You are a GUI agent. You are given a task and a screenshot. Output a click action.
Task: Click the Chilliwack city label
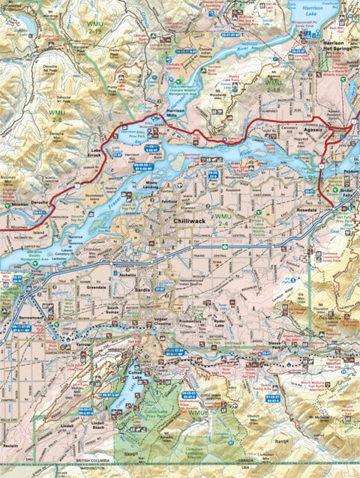(x=188, y=222)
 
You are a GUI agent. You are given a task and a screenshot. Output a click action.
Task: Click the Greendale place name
(x=95, y=286)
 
